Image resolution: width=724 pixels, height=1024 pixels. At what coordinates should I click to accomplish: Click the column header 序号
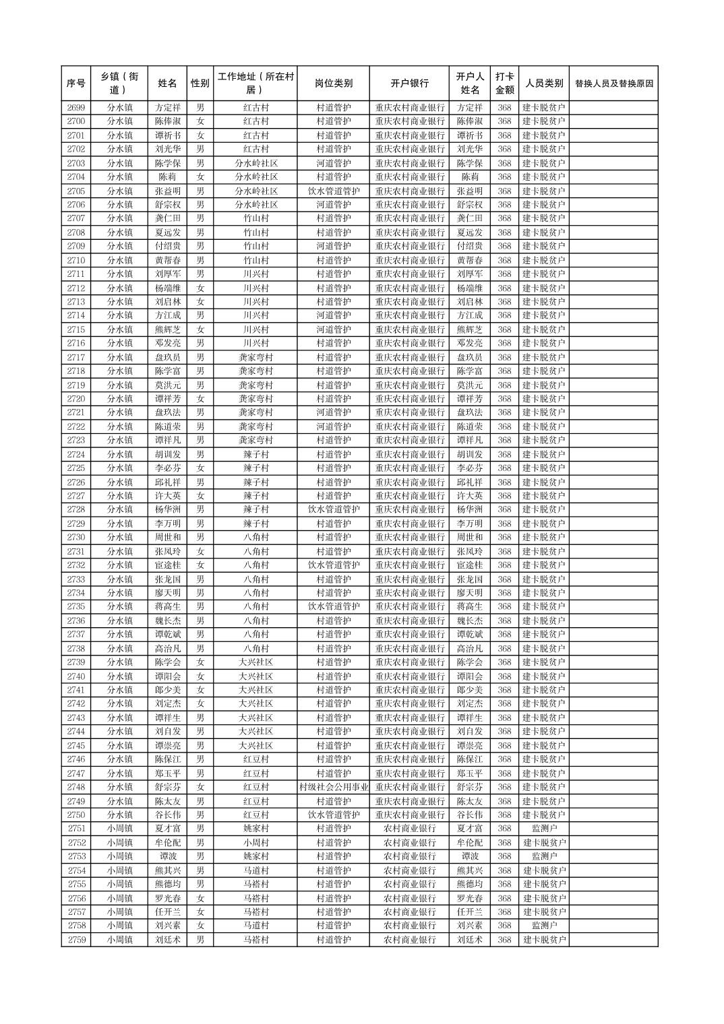[76, 84]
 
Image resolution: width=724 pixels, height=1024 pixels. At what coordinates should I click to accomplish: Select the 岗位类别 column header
[333, 84]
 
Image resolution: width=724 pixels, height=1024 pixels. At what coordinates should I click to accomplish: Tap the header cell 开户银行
[409, 84]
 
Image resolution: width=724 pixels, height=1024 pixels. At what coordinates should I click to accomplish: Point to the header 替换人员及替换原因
[613, 84]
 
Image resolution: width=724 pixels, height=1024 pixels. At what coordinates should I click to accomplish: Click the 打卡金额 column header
[504, 84]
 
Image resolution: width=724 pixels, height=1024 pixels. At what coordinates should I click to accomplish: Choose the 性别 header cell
[200, 84]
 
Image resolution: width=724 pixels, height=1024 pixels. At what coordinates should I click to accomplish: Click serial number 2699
[76, 108]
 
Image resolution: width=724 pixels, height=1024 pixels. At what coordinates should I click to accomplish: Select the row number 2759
[76, 940]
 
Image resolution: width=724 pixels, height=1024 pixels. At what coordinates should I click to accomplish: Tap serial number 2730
[76, 538]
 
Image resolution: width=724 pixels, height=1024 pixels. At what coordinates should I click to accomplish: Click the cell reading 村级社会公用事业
[333, 787]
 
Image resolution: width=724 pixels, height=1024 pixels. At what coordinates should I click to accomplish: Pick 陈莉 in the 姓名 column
[168, 177]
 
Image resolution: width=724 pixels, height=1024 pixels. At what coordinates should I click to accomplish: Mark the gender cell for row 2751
[200, 829]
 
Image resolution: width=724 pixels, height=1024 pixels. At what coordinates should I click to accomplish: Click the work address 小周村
[255, 843]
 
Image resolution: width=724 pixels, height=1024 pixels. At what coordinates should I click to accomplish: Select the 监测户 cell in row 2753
[544, 856]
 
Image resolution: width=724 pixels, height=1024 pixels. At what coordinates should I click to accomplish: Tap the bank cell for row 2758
[409, 926]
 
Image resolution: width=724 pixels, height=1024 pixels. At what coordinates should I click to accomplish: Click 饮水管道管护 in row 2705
[333, 191]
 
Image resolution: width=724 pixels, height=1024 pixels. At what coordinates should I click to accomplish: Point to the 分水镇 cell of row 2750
[119, 815]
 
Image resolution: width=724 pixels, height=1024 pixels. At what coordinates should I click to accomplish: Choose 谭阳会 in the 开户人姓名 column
[469, 676]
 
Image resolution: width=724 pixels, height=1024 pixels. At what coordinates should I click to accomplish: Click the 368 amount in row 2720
[504, 399]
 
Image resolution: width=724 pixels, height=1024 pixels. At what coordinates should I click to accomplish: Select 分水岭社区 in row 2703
[255, 163]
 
